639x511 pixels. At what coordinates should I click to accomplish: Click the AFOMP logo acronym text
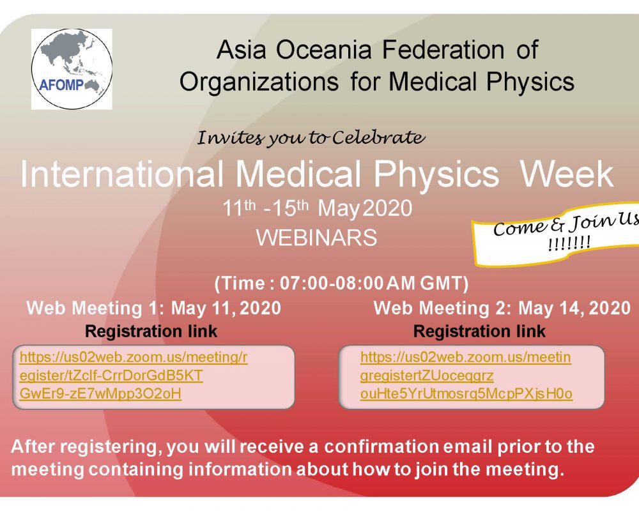click(x=61, y=85)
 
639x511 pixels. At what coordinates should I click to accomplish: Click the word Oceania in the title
click(x=324, y=50)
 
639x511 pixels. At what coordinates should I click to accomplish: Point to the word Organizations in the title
click(x=259, y=82)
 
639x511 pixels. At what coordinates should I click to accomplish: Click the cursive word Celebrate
click(x=378, y=138)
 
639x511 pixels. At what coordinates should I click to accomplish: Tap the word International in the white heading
click(x=122, y=174)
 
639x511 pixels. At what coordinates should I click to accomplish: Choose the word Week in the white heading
click(x=567, y=174)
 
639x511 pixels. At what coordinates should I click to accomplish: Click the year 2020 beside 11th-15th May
click(x=387, y=209)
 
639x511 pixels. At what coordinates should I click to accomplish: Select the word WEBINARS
click(x=317, y=237)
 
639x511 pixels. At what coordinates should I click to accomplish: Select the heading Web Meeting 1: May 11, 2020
click(x=153, y=308)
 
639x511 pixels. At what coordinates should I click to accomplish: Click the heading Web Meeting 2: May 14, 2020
click(x=502, y=308)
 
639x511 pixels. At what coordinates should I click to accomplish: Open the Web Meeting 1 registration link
click(x=134, y=376)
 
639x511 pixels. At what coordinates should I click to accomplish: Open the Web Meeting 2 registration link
click(x=466, y=376)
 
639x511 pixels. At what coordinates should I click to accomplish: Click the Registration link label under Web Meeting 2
click(x=479, y=332)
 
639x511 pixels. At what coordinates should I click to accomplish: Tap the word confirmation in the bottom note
click(x=382, y=446)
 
